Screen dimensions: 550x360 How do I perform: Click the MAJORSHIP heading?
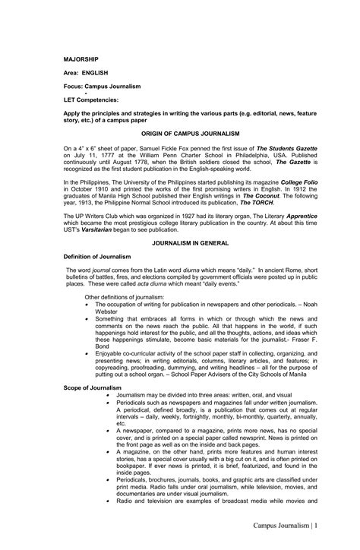80,58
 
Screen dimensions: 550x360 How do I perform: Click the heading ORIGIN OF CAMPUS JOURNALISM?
180,132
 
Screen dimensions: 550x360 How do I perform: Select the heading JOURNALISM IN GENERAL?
180,247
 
